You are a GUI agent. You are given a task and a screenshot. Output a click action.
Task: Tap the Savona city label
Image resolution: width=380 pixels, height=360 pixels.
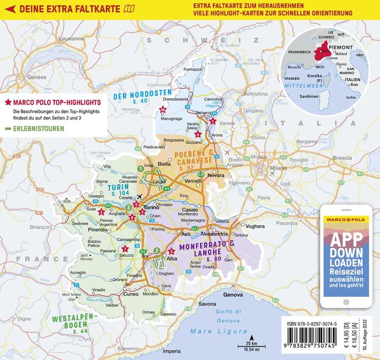coord(207,304)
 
